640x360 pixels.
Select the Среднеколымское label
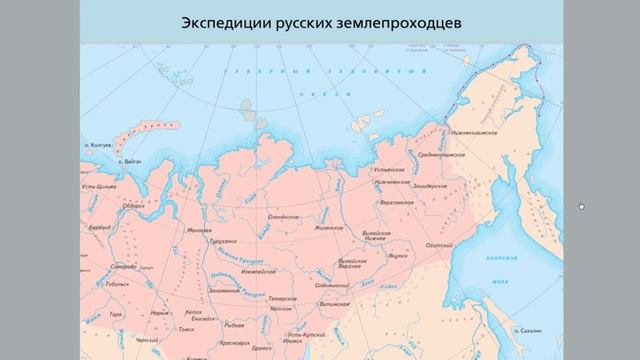click(439, 157)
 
